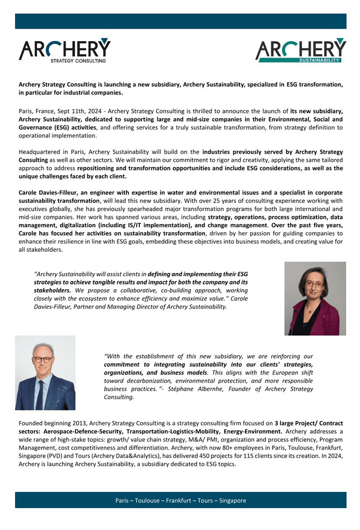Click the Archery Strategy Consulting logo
tap(65, 50)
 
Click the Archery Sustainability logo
tap(300, 50)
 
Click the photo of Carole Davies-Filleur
tap(315, 298)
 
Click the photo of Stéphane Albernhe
tap(45, 372)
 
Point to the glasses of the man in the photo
tap(44, 359)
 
